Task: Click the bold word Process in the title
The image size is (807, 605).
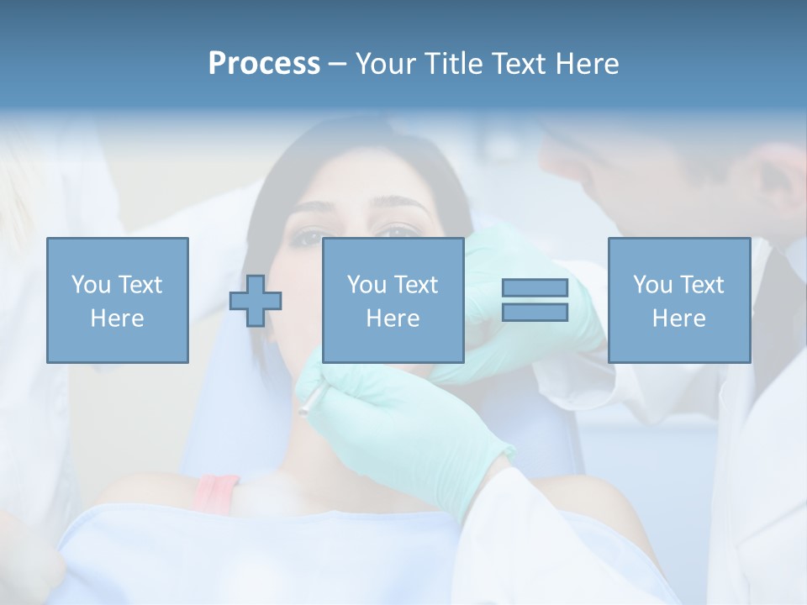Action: pos(264,64)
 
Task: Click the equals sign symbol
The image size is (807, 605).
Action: pos(535,300)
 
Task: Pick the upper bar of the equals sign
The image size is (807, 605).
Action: pos(535,288)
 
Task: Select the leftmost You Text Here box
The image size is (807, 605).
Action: pos(117,300)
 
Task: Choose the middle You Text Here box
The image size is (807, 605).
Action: pos(393,300)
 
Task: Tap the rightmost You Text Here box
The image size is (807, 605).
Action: pos(678,300)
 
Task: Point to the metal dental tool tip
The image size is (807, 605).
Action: pos(305,408)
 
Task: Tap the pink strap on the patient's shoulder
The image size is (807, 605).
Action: pos(216,492)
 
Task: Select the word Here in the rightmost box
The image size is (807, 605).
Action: pos(678,318)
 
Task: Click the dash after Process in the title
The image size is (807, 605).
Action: pos(337,64)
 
